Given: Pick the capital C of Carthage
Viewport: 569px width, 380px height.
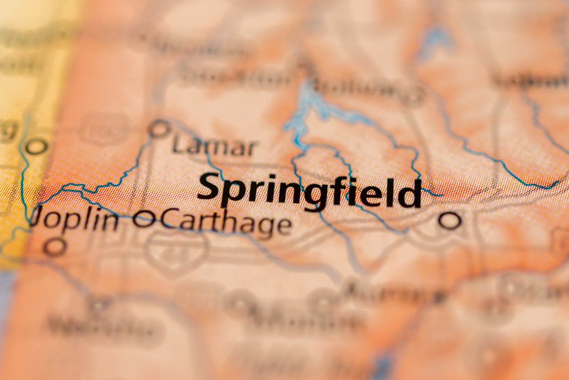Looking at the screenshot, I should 169,220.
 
